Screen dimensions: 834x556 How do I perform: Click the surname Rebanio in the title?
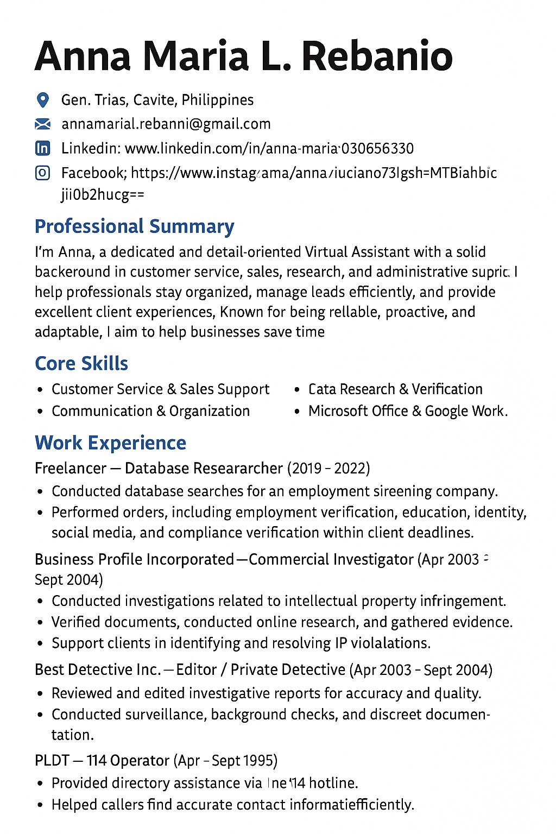[x=377, y=56]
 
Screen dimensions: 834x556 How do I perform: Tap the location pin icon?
[x=42, y=100]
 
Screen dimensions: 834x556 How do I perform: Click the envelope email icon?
[x=42, y=124]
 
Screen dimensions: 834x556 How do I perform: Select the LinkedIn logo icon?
[x=42, y=148]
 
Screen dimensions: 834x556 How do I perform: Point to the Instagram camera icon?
[x=42, y=173]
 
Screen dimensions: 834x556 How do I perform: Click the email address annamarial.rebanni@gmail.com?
[x=166, y=124]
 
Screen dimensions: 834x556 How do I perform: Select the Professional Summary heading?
[x=134, y=226]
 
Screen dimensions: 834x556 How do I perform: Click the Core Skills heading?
[x=81, y=363]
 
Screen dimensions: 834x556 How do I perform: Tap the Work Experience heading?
[x=110, y=443]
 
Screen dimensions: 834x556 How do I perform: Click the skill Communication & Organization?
[x=150, y=411]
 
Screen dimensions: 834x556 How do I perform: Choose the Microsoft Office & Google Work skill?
[x=408, y=411]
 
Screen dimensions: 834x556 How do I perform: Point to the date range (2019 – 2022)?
[x=328, y=468]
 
